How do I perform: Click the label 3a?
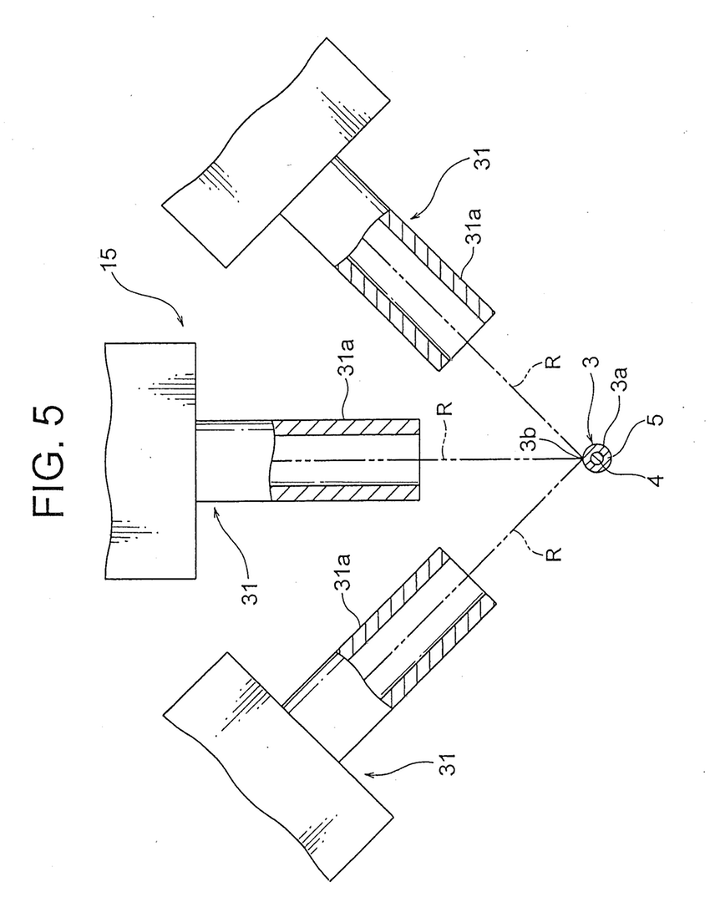coord(621,380)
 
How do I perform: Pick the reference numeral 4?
coord(655,479)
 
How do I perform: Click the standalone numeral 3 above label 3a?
coord(591,362)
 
